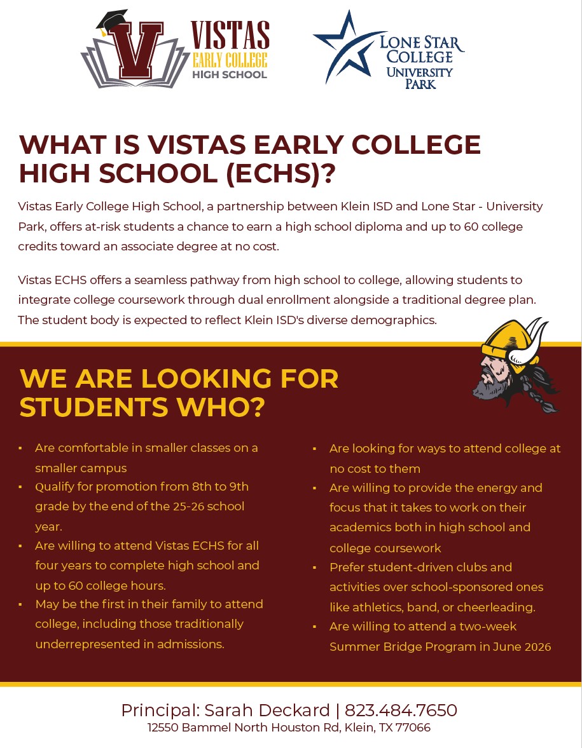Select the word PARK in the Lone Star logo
(x=420, y=84)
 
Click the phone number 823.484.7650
(x=401, y=710)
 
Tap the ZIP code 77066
(x=413, y=728)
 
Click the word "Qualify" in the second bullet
(x=55, y=487)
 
